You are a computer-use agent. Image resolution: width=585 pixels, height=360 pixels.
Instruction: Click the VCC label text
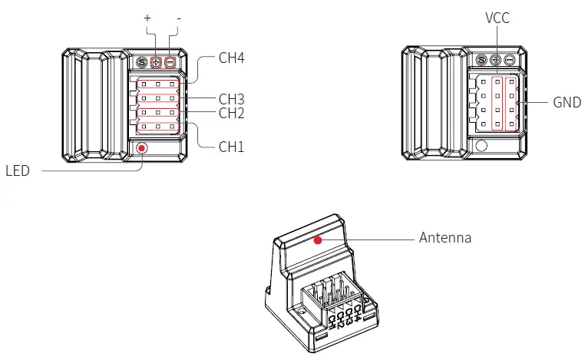pyautogui.click(x=497, y=18)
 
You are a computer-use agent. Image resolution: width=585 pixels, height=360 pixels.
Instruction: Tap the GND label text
pyautogui.click(x=567, y=102)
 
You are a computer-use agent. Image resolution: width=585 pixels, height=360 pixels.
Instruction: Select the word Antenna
pyautogui.click(x=445, y=238)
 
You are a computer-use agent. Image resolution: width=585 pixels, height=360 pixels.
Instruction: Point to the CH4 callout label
pyautogui.click(x=231, y=58)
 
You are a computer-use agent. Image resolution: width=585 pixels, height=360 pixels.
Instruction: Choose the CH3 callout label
pyautogui.click(x=231, y=99)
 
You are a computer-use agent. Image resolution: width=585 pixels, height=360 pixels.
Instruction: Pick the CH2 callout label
pyautogui.click(x=231, y=113)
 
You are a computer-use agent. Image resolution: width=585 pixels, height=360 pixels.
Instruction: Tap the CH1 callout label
pyautogui.click(x=231, y=145)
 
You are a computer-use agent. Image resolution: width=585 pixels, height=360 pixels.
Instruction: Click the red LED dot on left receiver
pyautogui.click(x=141, y=147)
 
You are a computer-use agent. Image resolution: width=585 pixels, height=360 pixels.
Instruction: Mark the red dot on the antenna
pyautogui.click(x=317, y=240)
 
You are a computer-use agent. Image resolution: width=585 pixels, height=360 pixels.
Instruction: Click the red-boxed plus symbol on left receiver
pyautogui.click(x=156, y=62)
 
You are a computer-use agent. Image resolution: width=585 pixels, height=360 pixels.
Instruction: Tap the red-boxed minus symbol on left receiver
pyautogui.click(x=170, y=62)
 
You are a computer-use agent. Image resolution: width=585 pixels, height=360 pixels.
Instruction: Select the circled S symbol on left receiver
pyautogui.click(x=142, y=62)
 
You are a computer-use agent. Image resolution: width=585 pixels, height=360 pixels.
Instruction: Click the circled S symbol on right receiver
pyautogui.click(x=481, y=61)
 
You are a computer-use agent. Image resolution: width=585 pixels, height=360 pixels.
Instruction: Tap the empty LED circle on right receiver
pyautogui.click(x=481, y=146)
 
